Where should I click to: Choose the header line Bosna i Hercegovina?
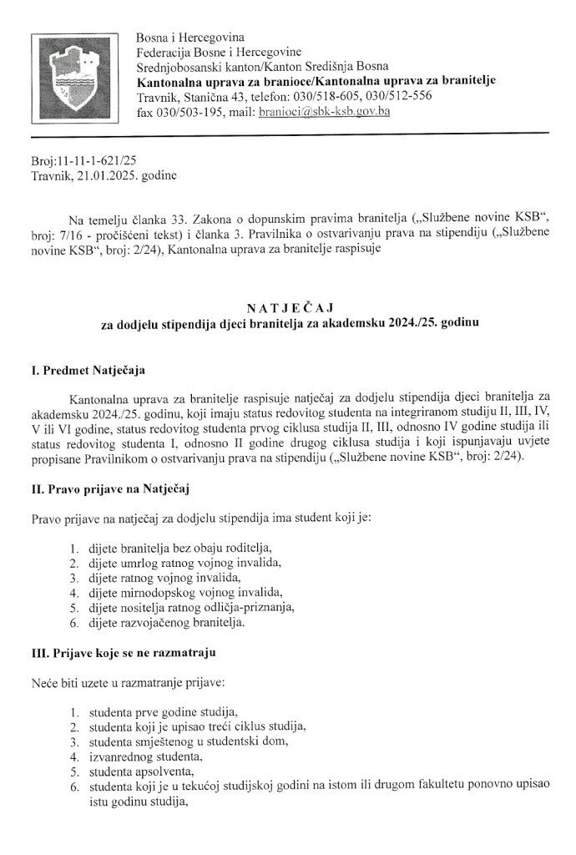191,37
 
